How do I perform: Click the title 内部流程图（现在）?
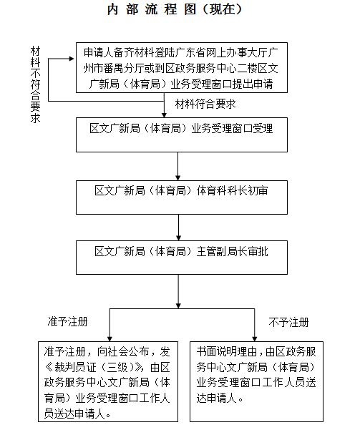tap(175, 9)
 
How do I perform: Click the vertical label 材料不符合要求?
tap(36, 84)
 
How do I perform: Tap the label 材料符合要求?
tap(205, 104)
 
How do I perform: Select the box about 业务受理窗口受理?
tap(182, 135)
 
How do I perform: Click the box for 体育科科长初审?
tap(182, 197)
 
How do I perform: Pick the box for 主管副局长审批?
tap(182, 258)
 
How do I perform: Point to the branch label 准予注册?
tap(68, 321)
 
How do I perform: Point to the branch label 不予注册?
tap(288, 323)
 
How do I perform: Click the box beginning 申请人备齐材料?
tap(182, 67)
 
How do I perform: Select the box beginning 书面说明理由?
tap(256, 381)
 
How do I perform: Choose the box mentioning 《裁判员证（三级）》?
tap(108, 381)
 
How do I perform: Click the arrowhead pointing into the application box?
tap(72, 59)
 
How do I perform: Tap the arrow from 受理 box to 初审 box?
tap(178, 167)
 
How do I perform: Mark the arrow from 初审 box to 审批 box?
tap(178, 228)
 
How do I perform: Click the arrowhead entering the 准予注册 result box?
tap(110, 338)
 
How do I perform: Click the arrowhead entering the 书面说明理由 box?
tap(255, 338)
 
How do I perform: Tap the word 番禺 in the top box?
tap(113, 68)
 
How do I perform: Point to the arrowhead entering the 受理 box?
tap(164, 115)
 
